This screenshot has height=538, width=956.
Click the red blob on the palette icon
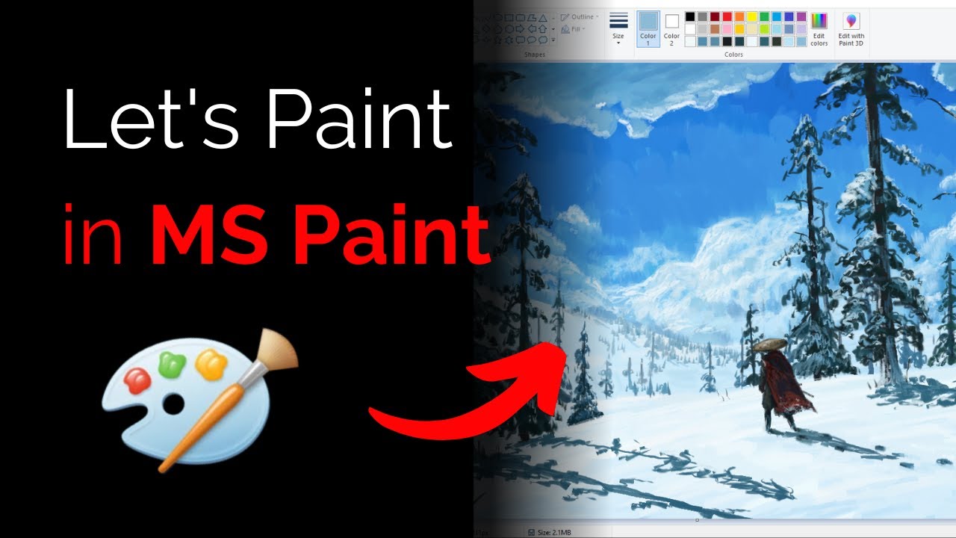[x=138, y=380]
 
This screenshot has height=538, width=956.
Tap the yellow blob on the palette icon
[x=211, y=365]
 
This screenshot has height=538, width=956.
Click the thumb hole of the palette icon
[x=173, y=404]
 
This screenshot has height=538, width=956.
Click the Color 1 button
[x=648, y=28]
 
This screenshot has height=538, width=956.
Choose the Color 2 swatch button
[x=671, y=28]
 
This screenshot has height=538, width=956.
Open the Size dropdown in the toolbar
[x=618, y=28]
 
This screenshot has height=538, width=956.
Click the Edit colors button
[x=819, y=28]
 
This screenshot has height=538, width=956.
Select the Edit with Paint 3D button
[x=851, y=28]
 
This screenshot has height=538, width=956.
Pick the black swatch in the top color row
[x=690, y=16]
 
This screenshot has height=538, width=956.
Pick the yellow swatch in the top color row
[x=752, y=16]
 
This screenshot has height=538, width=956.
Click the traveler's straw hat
[x=769, y=344]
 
